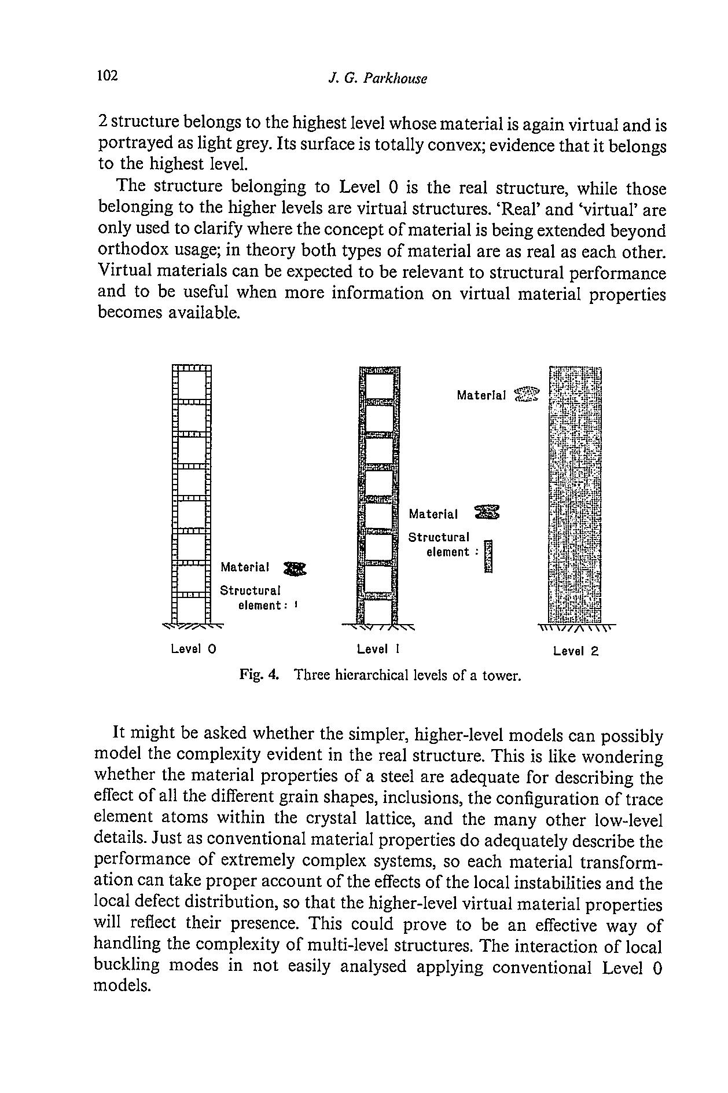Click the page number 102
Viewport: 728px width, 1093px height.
coord(108,76)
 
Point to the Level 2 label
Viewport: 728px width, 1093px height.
coord(575,651)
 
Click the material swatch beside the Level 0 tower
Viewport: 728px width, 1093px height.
coord(295,569)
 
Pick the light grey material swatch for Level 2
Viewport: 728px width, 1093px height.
coord(527,394)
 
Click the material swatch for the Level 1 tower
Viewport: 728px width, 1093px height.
coord(487,512)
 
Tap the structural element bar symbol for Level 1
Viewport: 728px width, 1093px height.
coord(488,556)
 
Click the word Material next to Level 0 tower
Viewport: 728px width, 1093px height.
coord(245,567)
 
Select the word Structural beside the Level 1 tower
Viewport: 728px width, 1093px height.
coord(439,537)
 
